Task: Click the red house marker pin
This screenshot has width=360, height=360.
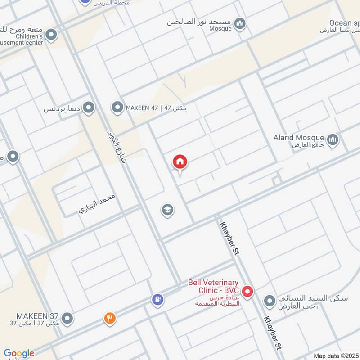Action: (x=180, y=162)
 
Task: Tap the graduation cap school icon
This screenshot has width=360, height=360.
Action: (x=168, y=210)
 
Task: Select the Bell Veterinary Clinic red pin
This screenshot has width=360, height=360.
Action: (x=247, y=292)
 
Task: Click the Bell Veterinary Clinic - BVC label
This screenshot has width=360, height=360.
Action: (x=214, y=287)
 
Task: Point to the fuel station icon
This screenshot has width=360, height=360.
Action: (x=157, y=299)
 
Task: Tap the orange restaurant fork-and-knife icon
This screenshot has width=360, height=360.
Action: (x=110, y=319)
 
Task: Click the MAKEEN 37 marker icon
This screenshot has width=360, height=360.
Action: (x=67, y=319)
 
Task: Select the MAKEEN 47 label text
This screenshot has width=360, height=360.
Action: (x=156, y=108)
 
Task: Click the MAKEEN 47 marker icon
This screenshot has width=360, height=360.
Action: (x=117, y=108)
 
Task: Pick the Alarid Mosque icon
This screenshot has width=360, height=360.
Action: (x=333, y=140)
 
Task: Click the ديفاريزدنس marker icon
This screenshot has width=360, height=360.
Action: (x=89, y=108)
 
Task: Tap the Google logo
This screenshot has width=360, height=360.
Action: (x=18, y=353)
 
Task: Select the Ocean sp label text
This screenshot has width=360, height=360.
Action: (x=344, y=22)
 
